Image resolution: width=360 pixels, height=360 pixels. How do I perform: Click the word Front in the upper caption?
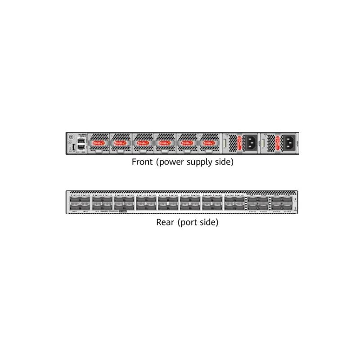pyautogui.click(x=141, y=162)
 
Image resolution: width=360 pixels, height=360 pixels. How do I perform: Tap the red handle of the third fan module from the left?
pyautogui.click(x=143, y=144)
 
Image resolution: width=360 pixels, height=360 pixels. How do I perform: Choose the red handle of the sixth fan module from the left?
pyautogui.click(x=209, y=144)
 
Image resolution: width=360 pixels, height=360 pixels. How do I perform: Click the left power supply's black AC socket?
pyautogui.click(x=250, y=144)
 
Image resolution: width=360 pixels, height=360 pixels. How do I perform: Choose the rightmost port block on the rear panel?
pyautogui.click(x=282, y=203)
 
